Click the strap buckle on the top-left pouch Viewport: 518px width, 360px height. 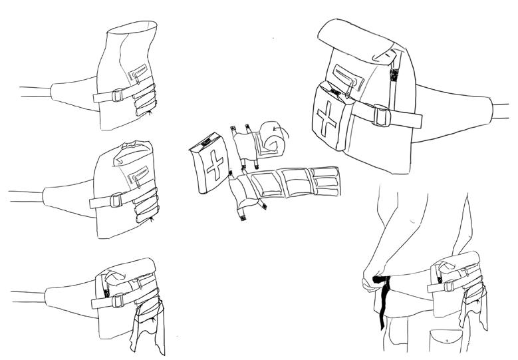[117, 95]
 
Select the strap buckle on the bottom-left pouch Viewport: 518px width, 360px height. [118, 301]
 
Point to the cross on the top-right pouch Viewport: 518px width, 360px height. [327, 121]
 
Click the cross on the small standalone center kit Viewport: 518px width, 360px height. [214, 164]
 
